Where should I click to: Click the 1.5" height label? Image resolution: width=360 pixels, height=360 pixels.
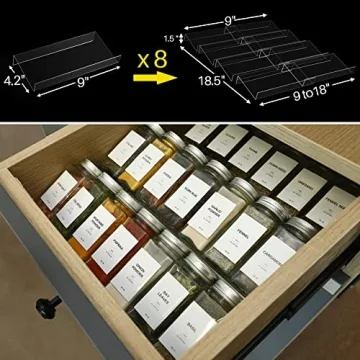click(x=180, y=38)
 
